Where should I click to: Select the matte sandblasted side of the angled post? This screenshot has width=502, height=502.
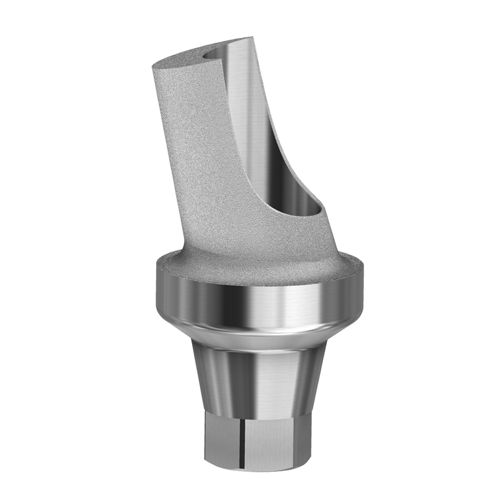pyautogui.click(x=205, y=153)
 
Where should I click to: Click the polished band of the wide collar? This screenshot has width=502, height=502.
pyautogui.click(x=260, y=302)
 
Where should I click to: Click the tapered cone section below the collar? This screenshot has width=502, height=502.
pyautogui.click(x=260, y=376)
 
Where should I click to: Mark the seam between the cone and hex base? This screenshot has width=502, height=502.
pyautogui.click(x=260, y=415)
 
